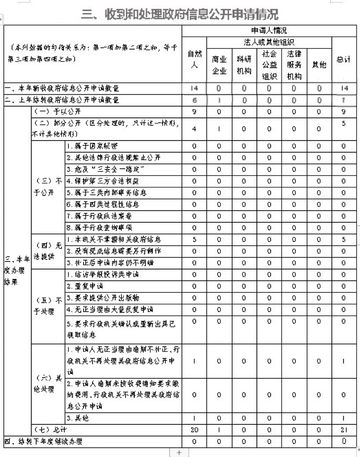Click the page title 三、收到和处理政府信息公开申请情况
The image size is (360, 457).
180,14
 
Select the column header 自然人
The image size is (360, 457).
194,59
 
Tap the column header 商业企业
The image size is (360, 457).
219,65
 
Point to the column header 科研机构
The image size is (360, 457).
244,65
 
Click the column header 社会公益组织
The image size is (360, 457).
269,65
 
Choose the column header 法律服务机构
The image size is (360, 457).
294,65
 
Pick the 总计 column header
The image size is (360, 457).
343,59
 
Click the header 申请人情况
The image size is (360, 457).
269,31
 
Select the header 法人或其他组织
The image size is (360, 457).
269,42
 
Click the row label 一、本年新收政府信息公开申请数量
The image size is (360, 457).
63,88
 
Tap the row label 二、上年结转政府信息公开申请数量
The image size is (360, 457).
63,100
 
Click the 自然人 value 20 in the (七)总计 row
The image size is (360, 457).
194,430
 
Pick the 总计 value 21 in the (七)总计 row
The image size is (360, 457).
343,430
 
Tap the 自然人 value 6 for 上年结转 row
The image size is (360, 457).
194,100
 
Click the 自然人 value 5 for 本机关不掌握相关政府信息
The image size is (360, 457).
194,240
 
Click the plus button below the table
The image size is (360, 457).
180,452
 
